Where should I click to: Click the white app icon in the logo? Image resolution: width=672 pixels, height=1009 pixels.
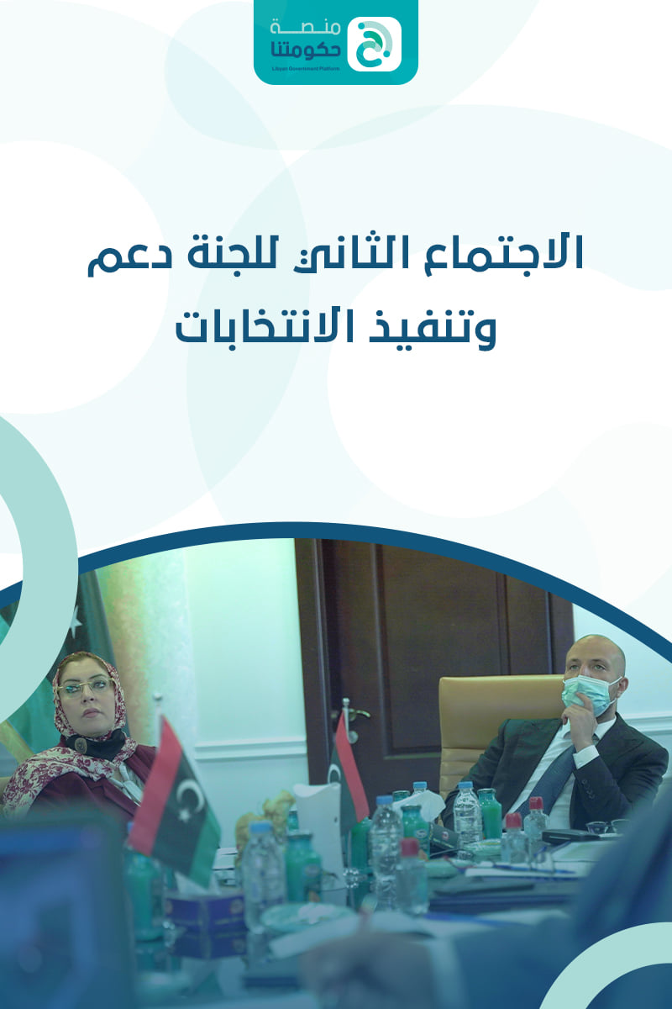[x=374, y=44]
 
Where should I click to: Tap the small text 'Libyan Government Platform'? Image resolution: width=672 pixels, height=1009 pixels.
[x=305, y=69]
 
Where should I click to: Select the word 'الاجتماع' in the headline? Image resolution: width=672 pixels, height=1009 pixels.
[x=504, y=254]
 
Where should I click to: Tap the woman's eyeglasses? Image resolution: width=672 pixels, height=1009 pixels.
[x=86, y=688]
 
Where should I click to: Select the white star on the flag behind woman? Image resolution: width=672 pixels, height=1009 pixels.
[x=76, y=619]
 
